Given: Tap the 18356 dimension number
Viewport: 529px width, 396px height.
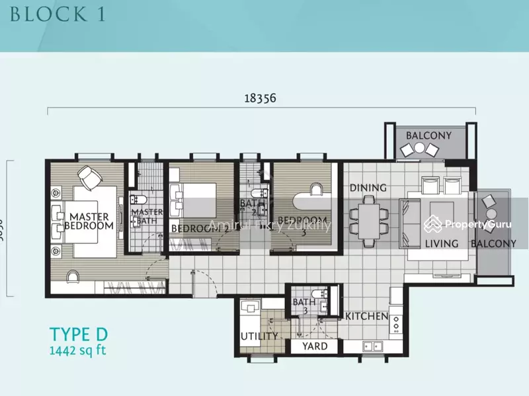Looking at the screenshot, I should click(259, 98).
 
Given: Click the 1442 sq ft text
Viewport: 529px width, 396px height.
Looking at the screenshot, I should click(77, 350).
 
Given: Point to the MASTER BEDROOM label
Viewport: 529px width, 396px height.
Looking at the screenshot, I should click(89, 220).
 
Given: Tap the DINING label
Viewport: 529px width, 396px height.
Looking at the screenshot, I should click(368, 188).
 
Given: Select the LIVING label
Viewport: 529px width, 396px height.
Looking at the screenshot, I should click(441, 244).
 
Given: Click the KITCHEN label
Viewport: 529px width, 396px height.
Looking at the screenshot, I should click(366, 317).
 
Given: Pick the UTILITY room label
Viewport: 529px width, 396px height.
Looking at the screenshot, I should click(259, 337).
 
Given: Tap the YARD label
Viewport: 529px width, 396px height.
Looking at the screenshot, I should click(315, 346).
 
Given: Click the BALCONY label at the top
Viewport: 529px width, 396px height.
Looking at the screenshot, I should click(428, 136).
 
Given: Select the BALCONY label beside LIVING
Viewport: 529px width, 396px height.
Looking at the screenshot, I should click(493, 244).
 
